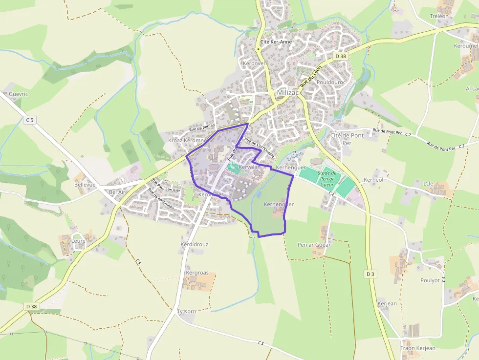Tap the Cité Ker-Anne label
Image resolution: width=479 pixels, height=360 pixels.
point(276,42)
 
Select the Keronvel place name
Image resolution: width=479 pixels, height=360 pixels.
point(253,64)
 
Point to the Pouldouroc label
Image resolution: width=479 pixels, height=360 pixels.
point(331,82)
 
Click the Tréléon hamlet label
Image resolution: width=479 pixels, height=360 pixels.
point(439,16)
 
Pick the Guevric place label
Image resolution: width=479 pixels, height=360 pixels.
point(19,94)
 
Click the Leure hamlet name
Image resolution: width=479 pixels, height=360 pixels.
point(78,241)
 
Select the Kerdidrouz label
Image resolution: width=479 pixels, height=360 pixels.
point(195,244)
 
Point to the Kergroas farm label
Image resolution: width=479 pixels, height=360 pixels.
point(197,273)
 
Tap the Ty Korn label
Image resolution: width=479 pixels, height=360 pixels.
point(186,311)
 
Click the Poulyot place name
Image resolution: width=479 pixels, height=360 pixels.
point(430,280)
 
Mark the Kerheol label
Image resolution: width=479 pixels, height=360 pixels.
point(373,180)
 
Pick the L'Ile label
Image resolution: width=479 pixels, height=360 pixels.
point(428,184)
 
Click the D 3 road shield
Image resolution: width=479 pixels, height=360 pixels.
point(370,274)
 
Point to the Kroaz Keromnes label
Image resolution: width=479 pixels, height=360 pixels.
point(188,140)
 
